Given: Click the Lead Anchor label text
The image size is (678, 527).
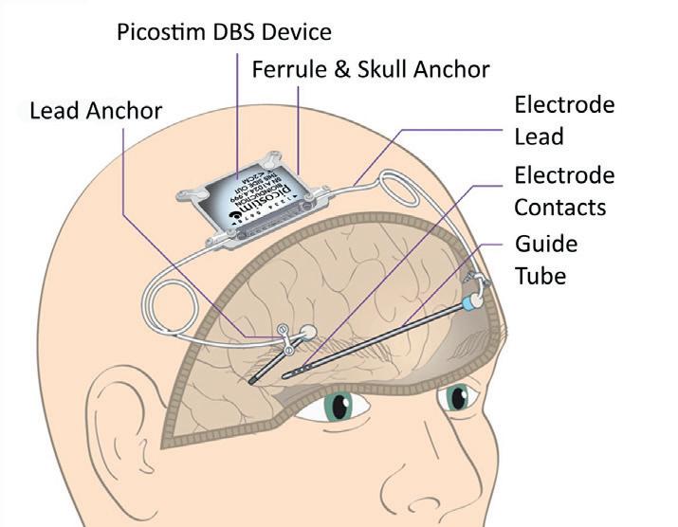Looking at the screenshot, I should click(96, 110).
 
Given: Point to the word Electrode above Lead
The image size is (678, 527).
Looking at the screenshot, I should click(563, 103).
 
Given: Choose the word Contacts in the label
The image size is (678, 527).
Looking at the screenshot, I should click(559, 207).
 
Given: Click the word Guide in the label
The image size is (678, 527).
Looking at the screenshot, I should click(545, 244).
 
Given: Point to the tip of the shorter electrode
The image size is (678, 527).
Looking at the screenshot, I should click(252, 382).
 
